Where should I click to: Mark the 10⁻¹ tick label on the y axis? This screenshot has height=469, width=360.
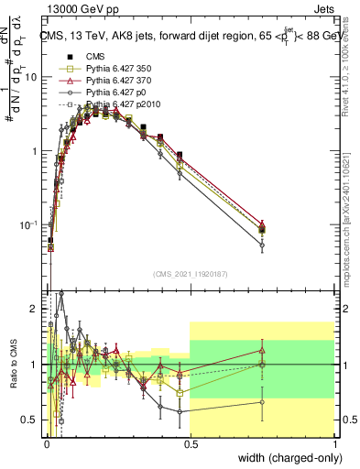[x=30, y=224]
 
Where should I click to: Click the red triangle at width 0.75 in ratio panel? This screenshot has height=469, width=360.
[x=262, y=350]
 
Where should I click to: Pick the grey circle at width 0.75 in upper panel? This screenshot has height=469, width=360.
[x=262, y=245]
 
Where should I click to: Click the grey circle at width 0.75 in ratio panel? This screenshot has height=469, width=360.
[x=262, y=401]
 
